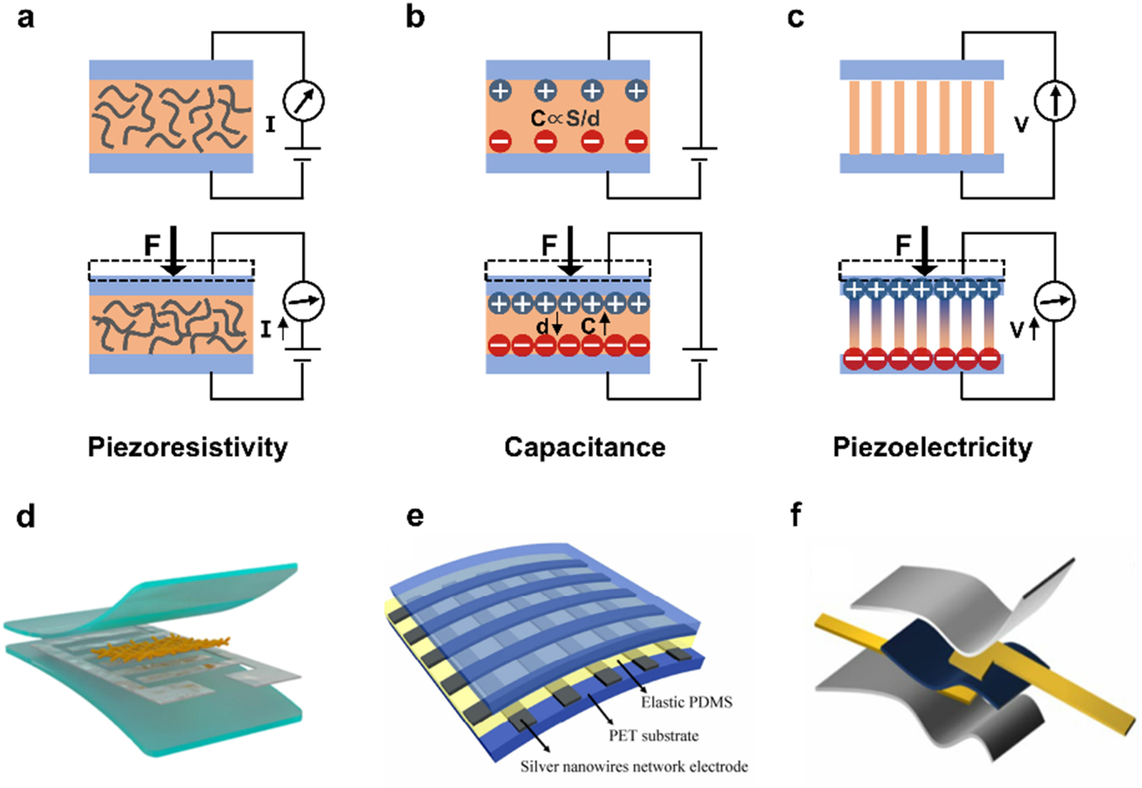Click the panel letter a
[x=25, y=18]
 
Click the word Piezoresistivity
[x=188, y=447]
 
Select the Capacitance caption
[x=585, y=447]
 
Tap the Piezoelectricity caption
[x=932, y=447]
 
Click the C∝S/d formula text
[x=565, y=118]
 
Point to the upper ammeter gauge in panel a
[x=303, y=101]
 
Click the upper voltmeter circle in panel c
[x=1054, y=101]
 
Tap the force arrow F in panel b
[x=570, y=251]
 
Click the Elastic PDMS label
[x=686, y=702]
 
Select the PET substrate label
[x=654, y=736]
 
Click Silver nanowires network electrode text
[x=634, y=766]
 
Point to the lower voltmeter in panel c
[x=1054, y=301]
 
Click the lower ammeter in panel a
[x=303, y=301]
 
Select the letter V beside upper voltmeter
[x=1021, y=125]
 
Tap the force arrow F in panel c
[x=924, y=251]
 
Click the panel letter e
[x=415, y=516]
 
